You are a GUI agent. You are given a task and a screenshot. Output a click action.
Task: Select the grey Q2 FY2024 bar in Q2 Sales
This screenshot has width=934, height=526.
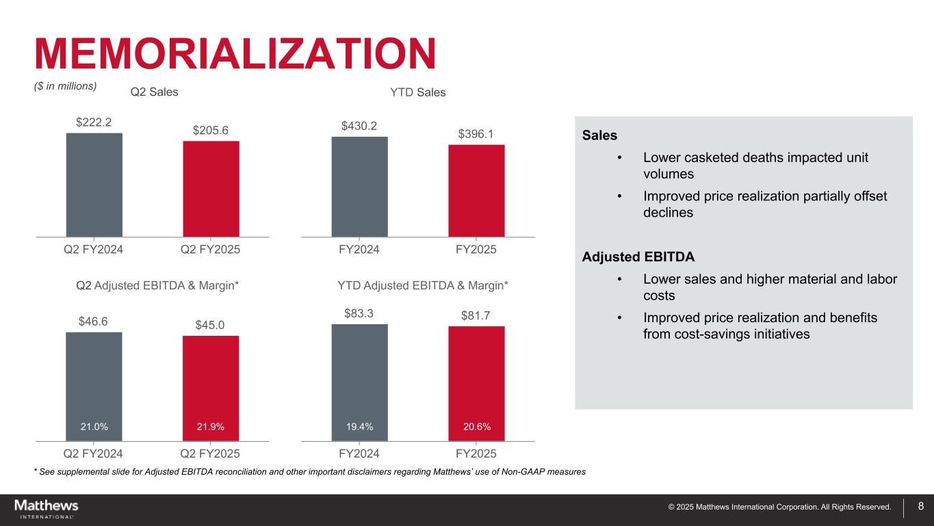[94, 185]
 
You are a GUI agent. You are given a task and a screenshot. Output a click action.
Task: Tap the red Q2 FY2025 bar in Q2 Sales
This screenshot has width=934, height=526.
[211, 189]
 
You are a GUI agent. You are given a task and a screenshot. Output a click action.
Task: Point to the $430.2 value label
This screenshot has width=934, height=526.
[359, 126]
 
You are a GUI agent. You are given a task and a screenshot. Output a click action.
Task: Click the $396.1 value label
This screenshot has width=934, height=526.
[476, 133]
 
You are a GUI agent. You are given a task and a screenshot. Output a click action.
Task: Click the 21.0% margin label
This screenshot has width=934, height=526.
[94, 427]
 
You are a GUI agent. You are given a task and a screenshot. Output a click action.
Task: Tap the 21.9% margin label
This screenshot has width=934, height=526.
[211, 427]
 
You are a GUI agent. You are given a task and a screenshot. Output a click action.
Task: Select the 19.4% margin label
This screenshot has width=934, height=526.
[359, 427]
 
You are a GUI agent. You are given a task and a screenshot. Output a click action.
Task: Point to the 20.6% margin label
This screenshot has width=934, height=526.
[476, 427]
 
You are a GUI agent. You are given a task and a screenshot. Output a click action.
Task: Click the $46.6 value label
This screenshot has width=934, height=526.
[94, 321]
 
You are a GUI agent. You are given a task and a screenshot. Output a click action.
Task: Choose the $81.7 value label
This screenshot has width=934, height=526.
[476, 315]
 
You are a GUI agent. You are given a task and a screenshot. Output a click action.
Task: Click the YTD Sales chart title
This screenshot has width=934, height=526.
[417, 92]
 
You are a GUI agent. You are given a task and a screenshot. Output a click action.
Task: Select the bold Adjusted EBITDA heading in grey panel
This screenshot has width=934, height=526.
[638, 257]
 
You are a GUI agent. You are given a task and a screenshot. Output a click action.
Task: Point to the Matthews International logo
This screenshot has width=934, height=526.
[47, 508]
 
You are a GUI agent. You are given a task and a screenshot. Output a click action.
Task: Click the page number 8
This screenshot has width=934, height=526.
[921, 507]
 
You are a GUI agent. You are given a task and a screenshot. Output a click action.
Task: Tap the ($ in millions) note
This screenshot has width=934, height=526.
[66, 86]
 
